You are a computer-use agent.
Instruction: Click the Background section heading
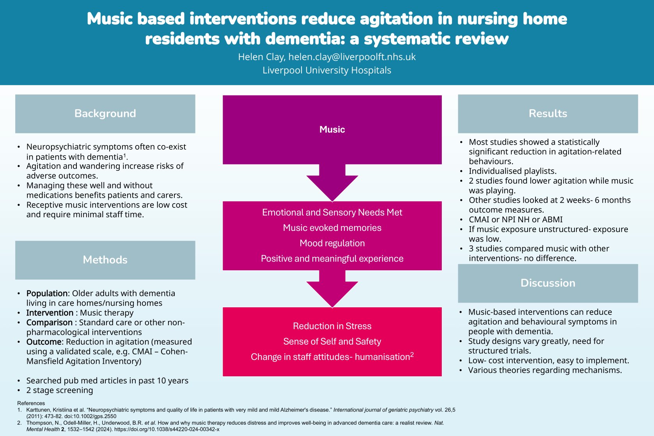click(x=105, y=113)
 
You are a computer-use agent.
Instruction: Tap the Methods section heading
click(x=105, y=260)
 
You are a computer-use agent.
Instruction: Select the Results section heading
click(x=548, y=113)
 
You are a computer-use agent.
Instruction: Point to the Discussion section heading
click(x=548, y=283)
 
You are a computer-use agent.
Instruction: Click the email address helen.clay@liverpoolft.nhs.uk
click(x=352, y=57)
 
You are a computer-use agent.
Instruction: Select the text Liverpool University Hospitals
click(x=327, y=70)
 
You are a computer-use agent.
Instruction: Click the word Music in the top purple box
click(x=332, y=129)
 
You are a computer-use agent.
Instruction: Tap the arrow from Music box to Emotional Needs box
click(x=332, y=183)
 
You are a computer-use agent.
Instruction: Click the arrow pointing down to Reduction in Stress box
click(x=332, y=289)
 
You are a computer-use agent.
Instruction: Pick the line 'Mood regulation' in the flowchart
click(x=332, y=243)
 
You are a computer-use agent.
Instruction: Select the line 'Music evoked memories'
click(x=332, y=228)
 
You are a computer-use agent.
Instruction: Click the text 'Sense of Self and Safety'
click(x=332, y=342)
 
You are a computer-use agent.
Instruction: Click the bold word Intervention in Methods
click(x=50, y=313)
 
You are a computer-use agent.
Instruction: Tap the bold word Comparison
click(x=49, y=323)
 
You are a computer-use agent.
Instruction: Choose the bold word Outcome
click(x=44, y=342)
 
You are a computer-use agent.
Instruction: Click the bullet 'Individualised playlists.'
click(x=512, y=171)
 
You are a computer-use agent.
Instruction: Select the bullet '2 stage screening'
click(x=60, y=390)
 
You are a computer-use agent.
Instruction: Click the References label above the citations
click(x=31, y=403)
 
